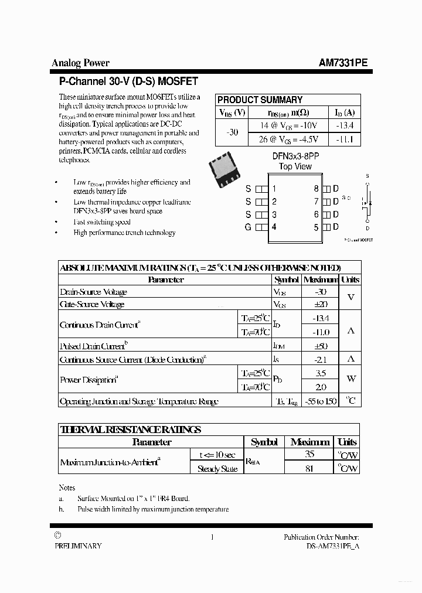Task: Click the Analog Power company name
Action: pos(80,63)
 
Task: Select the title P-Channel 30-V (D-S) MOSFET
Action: pos(128,81)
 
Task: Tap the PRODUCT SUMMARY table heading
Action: pos(260,100)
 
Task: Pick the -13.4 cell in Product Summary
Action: pos(344,126)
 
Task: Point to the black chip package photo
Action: pos(226,168)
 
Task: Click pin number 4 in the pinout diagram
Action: pos(274,227)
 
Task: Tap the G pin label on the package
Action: pos(248,227)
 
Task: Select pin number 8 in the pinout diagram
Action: pos(316,189)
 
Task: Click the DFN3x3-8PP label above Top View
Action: pos(295,156)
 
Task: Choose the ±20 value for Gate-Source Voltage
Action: pos(320,304)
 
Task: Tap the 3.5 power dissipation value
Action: pos(320,373)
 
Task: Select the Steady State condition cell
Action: pos(217,468)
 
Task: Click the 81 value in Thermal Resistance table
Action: pos(310,468)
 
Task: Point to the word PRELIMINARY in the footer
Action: pos(78,546)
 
